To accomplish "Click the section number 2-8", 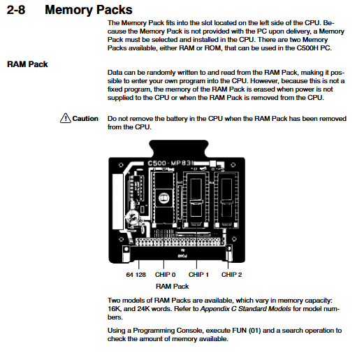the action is coord(16,10).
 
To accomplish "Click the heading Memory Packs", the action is coord(89,10).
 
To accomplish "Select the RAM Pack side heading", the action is coord(27,64).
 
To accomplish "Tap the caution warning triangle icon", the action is coord(66,118).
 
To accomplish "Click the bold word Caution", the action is coord(85,119).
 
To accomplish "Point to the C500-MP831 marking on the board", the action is coord(170,163).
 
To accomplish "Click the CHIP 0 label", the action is coord(166,275).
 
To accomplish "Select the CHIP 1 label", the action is coord(198,275).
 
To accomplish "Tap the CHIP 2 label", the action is coord(231,275).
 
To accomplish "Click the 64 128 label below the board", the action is coord(136,275).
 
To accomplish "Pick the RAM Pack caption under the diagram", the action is coord(172,287).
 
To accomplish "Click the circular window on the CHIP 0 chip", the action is coord(164,198).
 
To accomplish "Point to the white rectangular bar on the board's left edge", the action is coord(118,202).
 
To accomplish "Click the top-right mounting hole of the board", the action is coord(233,165).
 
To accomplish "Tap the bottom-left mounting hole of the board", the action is coord(121,239).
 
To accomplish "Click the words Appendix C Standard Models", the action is coord(246,309).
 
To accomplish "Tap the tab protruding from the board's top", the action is coord(179,148).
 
